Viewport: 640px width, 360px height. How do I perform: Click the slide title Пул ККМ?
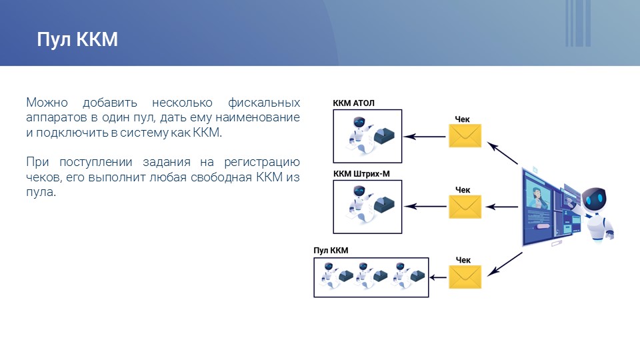pos(77,39)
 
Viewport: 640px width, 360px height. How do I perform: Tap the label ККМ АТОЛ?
pos(353,103)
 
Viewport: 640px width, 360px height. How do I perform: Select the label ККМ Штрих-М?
pos(361,173)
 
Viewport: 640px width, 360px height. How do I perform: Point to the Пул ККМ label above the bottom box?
pos(331,250)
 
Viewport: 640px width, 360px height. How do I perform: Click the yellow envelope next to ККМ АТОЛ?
pos(465,135)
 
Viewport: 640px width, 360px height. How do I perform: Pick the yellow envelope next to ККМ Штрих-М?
pos(465,207)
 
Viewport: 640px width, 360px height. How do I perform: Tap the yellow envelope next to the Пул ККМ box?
pos(465,277)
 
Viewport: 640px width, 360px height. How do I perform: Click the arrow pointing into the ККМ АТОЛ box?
pos(425,137)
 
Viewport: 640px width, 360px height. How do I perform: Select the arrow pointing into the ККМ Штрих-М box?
pos(425,207)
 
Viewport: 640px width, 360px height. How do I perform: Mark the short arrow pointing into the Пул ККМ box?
pos(438,277)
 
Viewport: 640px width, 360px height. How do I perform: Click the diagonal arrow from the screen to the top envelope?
pos(503,153)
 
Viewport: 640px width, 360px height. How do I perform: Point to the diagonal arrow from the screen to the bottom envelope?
pos(505,264)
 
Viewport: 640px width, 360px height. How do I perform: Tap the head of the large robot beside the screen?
pos(594,201)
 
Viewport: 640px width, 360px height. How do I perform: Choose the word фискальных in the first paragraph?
pos(264,103)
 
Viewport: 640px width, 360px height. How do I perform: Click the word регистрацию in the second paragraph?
pos(262,163)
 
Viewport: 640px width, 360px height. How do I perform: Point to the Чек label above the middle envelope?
pos(463,190)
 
